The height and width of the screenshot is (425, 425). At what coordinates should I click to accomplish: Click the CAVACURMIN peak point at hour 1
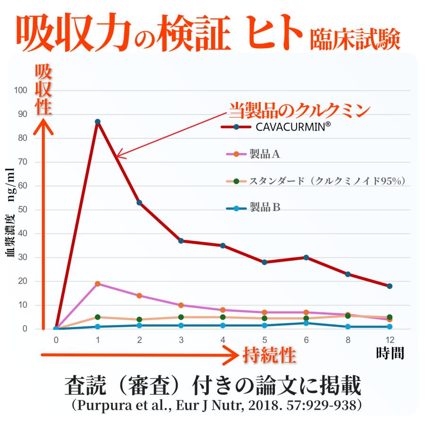(x=97, y=122)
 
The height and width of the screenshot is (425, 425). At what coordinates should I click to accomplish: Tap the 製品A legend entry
(x=265, y=153)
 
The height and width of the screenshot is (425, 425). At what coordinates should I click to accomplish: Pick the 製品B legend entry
(x=265, y=207)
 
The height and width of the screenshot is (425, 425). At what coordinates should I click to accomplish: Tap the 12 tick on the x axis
(x=389, y=340)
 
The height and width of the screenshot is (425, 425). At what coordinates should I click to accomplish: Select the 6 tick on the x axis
(x=306, y=340)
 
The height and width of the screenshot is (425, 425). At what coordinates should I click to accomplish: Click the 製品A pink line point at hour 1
(x=97, y=284)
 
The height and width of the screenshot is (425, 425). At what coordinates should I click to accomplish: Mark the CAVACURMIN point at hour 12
(x=389, y=286)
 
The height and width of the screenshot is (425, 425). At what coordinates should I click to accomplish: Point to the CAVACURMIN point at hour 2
(x=139, y=203)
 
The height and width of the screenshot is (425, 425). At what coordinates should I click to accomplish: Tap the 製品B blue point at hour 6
(x=306, y=323)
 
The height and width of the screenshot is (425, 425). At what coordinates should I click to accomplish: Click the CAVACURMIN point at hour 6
(x=306, y=257)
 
